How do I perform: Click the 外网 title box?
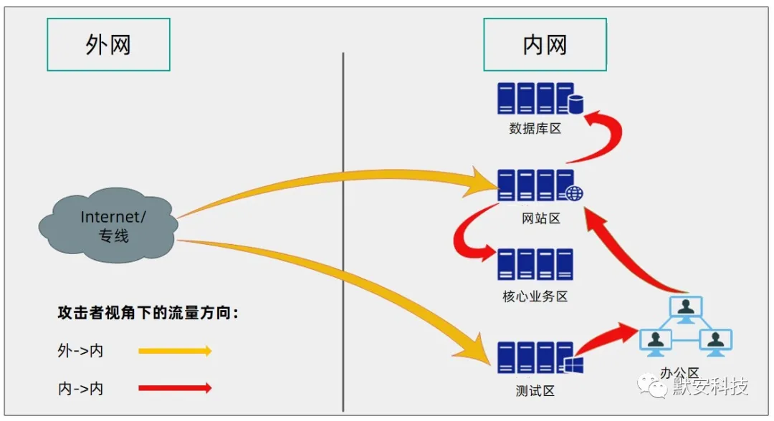point(109,45)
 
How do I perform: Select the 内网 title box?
point(545,45)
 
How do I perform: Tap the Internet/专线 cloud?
point(109,226)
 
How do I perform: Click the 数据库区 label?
point(535,129)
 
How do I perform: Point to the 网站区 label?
point(541,218)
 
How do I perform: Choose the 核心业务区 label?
point(535,296)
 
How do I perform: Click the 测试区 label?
point(535,391)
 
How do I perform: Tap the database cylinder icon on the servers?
point(575,104)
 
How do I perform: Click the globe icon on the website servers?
point(574,193)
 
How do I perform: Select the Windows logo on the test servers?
point(573,365)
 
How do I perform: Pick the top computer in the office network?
point(686,309)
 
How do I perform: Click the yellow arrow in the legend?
point(176,351)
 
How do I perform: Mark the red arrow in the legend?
point(176,388)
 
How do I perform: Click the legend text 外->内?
point(80,351)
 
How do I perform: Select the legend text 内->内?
point(80,389)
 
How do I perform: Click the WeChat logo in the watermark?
point(652,385)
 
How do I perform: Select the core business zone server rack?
point(535,265)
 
